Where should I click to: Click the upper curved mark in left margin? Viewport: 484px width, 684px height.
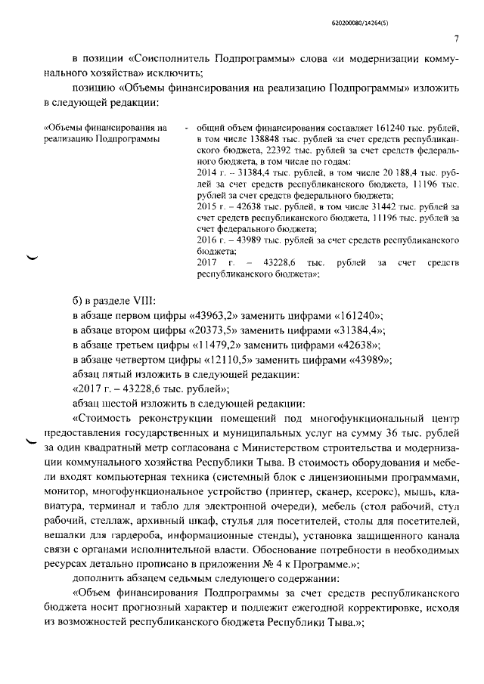pyautogui.click(x=32, y=257)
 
